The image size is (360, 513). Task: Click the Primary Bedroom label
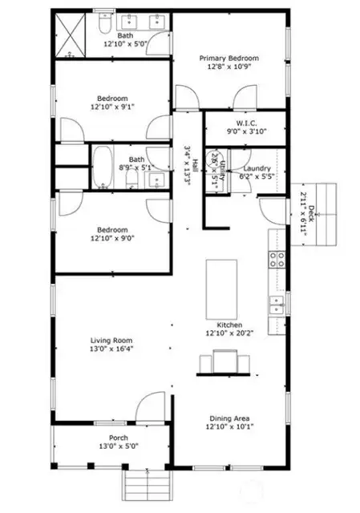[229, 59]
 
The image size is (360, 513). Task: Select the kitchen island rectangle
[224, 289]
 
